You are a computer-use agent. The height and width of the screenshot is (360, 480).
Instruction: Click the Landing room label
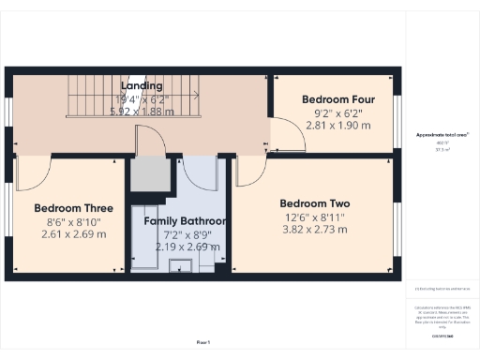tap(142, 85)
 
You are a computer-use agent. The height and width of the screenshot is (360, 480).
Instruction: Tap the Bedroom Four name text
tap(338, 99)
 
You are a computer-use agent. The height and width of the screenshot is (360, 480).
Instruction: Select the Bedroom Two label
tap(315, 202)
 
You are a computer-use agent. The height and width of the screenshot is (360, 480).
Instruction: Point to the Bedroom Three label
tap(74, 208)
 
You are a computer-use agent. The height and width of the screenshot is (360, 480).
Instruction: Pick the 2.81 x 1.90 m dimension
tap(338, 126)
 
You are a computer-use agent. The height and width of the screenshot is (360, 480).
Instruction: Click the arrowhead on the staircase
tap(194, 95)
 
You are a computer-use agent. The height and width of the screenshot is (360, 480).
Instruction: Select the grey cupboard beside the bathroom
tap(146, 174)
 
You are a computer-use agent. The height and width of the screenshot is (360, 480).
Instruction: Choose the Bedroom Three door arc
tap(34, 172)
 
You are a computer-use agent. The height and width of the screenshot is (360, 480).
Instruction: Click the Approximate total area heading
tap(442, 134)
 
